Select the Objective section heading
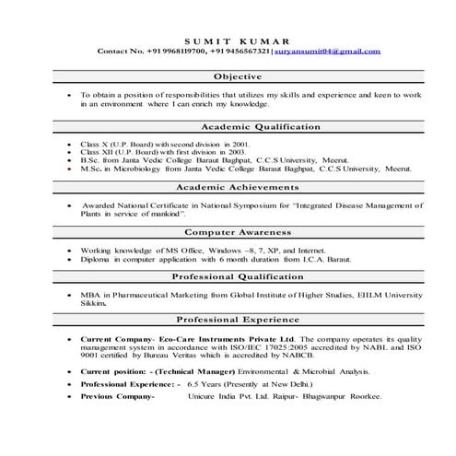(x=239, y=76)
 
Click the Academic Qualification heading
(x=239, y=127)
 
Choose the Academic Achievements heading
(x=239, y=187)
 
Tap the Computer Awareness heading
(x=239, y=232)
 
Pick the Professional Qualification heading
(x=239, y=276)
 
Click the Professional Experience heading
(x=239, y=321)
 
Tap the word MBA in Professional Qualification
(x=90, y=294)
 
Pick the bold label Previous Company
(x=116, y=395)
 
